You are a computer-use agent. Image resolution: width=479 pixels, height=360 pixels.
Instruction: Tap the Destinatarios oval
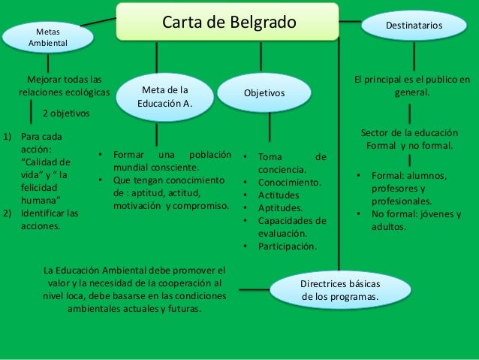tap(414, 26)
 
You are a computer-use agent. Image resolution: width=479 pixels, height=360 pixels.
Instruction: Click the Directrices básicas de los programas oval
tap(340, 291)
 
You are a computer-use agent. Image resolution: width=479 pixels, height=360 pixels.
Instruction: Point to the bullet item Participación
tap(287, 246)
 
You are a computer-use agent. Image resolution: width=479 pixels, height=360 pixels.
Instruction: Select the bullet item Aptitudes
tap(280, 207)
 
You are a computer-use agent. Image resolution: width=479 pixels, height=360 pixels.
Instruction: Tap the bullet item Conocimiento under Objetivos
tap(290, 182)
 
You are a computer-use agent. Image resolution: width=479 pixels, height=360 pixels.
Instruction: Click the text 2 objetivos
tap(65, 113)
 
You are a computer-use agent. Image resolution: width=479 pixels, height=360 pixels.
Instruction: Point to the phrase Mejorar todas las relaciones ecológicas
tap(65, 85)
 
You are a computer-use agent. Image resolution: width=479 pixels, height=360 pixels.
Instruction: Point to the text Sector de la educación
tap(408, 132)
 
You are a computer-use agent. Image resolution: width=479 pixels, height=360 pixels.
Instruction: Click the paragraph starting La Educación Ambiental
tap(134, 289)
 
